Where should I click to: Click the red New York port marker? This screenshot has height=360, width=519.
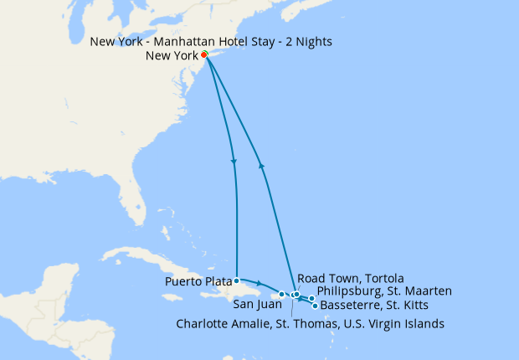tap(204, 55)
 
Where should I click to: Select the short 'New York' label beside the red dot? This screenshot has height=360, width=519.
tap(172, 56)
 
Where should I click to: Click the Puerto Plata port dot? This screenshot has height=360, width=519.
tap(238, 280)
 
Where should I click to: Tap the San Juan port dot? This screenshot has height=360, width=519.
tap(282, 294)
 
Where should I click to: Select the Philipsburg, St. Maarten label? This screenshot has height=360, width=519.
tap(384, 291)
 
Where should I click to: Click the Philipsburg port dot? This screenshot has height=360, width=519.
tap(311, 298)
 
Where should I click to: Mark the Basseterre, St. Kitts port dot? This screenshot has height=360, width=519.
tap(315, 306)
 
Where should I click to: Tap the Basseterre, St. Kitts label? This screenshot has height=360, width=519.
tap(375, 305)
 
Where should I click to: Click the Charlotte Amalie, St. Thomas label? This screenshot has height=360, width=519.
tap(311, 323)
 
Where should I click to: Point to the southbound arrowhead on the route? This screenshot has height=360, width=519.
tap(234, 162)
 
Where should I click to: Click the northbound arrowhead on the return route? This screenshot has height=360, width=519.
tap(263, 166)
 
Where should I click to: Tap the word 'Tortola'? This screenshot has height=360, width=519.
tap(383, 278)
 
